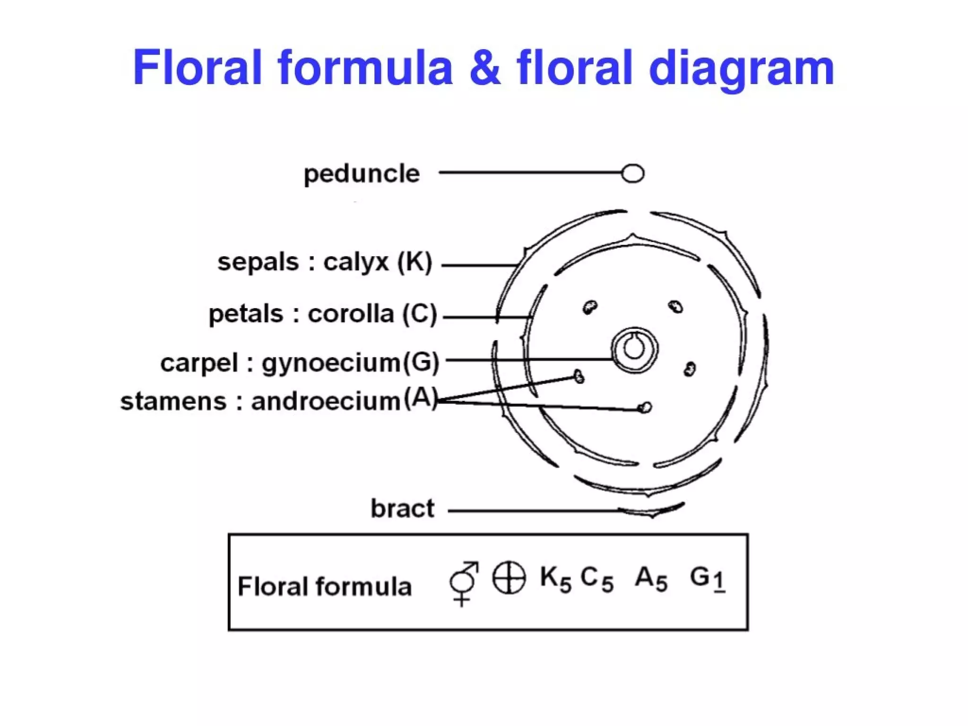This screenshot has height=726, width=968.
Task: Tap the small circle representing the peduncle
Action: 632,173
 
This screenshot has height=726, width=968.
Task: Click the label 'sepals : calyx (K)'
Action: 325,262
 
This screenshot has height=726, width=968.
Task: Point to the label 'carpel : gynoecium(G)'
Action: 300,363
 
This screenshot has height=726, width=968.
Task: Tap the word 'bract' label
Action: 402,509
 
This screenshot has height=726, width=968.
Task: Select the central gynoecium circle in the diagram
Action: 634,350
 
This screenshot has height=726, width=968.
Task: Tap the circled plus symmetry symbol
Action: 509,579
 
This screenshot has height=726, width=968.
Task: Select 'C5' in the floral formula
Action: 597,579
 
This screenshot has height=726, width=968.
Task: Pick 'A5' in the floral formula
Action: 650,579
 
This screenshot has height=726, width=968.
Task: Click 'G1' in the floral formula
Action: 707,579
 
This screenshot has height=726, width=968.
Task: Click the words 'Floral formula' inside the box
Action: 324,587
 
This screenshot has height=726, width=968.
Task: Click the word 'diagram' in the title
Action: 741,70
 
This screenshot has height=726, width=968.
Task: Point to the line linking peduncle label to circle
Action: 529,173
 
